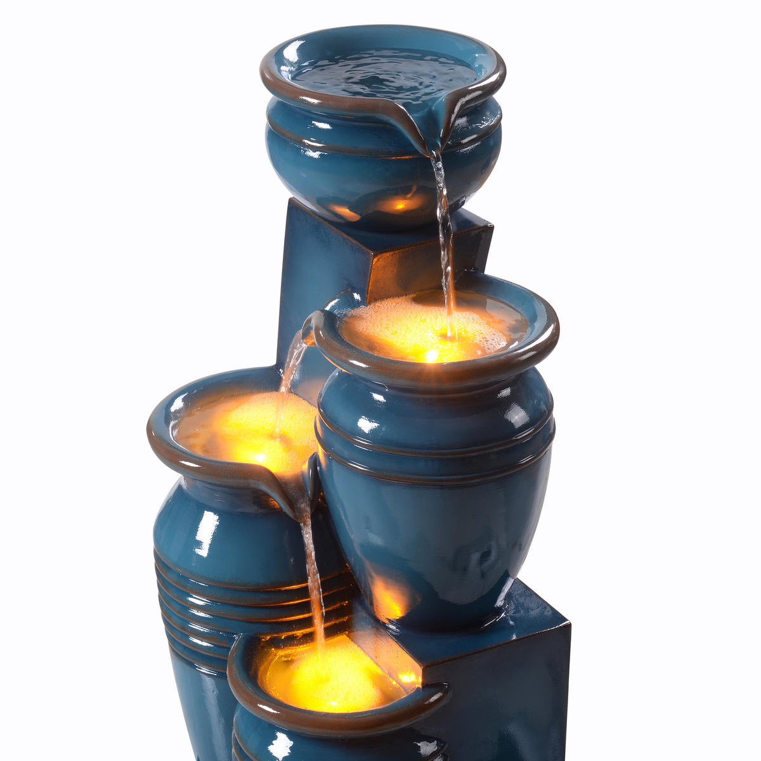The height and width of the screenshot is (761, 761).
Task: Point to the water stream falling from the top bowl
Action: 445,222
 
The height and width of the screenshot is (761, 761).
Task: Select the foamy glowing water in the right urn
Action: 406,330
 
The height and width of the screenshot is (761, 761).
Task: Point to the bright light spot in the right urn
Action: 433,355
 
